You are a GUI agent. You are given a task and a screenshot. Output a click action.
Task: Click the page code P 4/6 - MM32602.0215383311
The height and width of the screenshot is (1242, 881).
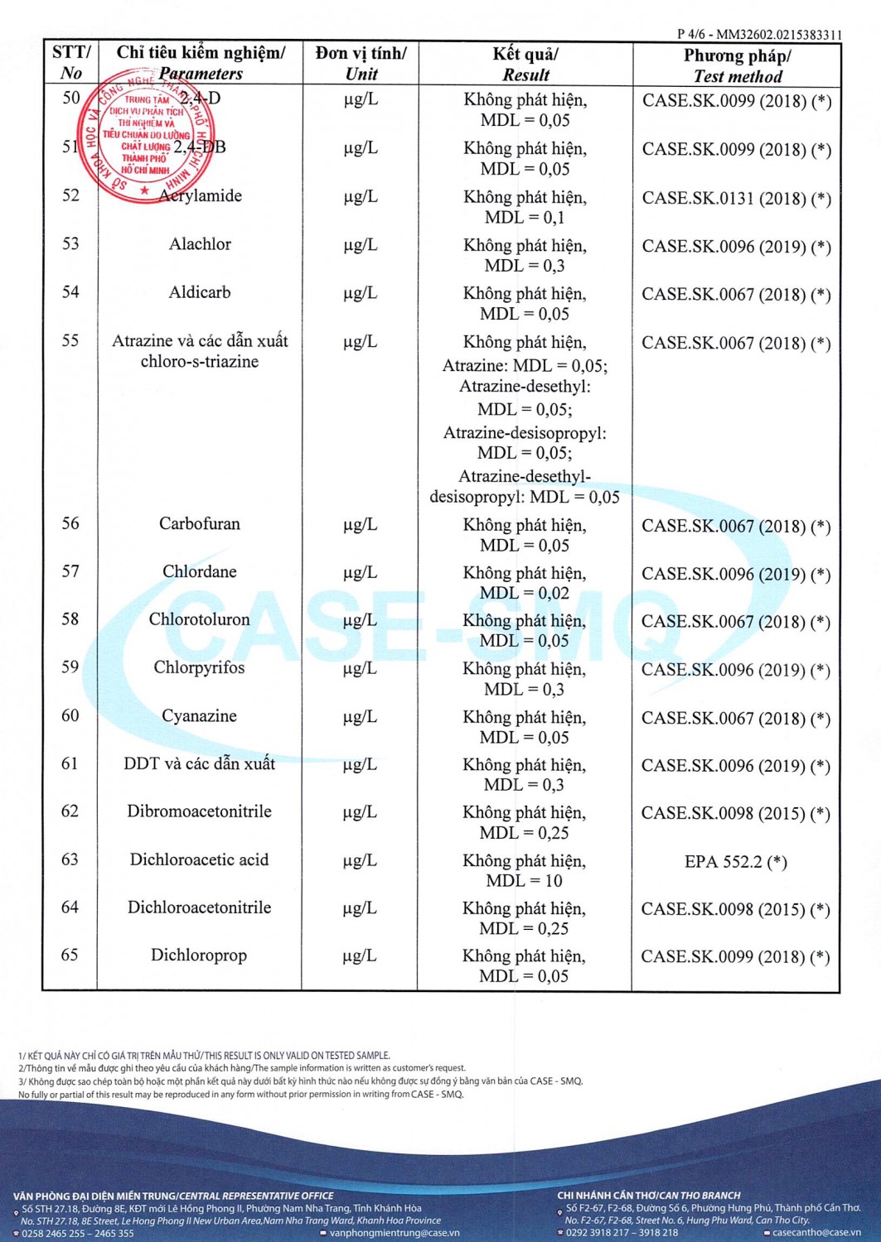click(x=758, y=35)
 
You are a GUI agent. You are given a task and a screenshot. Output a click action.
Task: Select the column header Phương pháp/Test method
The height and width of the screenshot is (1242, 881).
click(x=737, y=65)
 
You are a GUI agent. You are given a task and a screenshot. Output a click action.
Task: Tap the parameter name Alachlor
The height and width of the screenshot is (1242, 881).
click(x=200, y=244)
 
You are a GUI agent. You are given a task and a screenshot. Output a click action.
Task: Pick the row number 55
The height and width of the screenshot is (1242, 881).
click(x=70, y=341)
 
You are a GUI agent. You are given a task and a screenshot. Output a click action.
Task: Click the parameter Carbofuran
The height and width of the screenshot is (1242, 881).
click(x=200, y=524)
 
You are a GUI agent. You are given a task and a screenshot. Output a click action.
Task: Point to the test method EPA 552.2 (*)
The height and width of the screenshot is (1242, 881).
click(x=736, y=862)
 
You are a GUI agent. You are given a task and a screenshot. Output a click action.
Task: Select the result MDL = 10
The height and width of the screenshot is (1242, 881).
click(x=525, y=881)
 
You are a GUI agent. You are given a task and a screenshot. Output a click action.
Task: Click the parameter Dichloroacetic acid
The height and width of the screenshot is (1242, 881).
click(x=200, y=860)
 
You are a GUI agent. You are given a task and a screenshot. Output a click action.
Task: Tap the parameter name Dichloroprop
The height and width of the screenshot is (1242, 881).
click(x=199, y=956)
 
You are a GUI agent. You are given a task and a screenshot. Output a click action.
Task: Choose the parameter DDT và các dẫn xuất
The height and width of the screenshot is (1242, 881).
click(x=200, y=763)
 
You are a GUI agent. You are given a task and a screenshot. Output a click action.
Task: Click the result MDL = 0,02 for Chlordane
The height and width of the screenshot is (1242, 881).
click(x=525, y=594)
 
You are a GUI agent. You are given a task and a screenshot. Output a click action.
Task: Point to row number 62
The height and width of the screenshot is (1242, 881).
click(x=70, y=811)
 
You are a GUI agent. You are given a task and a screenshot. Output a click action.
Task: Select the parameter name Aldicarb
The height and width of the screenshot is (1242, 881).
click(x=200, y=292)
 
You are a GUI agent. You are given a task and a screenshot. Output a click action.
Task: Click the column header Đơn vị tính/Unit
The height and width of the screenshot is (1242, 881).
click(x=361, y=64)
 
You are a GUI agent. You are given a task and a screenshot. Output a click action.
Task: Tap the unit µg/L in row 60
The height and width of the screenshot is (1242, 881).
click(x=361, y=717)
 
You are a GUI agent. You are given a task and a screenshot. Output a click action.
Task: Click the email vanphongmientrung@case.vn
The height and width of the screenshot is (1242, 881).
click(x=395, y=1233)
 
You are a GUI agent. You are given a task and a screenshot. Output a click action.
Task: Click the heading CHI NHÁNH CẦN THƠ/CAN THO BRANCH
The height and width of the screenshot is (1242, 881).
click(x=649, y=1196)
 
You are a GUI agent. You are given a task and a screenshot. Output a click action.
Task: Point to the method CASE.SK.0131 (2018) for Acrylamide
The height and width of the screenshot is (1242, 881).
click(x=736, y=199)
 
